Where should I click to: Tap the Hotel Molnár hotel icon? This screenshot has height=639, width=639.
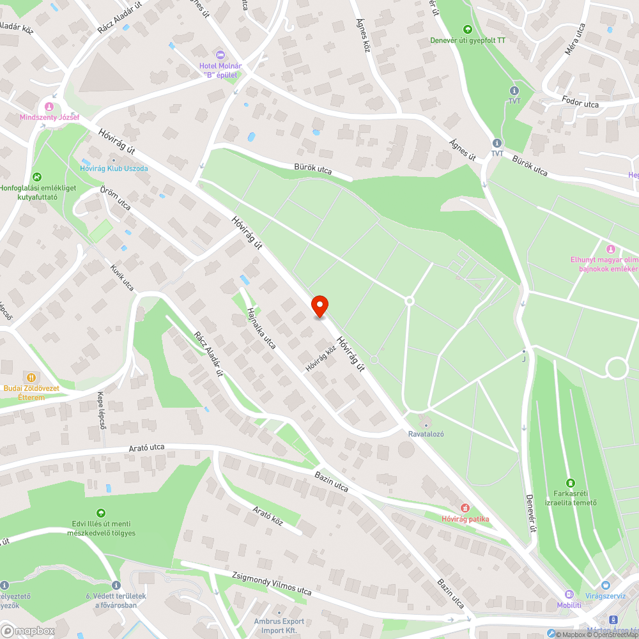tap(220, 56)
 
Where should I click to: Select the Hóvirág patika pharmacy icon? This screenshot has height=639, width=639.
tap(465, 508)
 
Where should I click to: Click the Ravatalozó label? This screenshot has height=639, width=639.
tap(426, 434)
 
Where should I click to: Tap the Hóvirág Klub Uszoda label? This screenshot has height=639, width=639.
tap(114, 169)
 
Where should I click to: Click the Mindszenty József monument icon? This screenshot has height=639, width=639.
tap(49, 106)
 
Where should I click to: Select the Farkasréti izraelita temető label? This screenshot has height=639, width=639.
tap(571, 497)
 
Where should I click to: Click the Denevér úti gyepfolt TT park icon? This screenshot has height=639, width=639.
tap(467, 29)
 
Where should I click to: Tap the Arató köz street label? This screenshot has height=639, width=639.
tap(268, 517)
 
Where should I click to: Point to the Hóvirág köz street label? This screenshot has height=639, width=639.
tap(321, 358)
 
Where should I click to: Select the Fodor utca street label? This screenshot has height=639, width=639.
tap(580, 103)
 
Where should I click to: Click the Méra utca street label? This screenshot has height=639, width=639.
tap(572, 39)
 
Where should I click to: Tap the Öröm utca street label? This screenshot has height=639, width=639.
tap(116, 198)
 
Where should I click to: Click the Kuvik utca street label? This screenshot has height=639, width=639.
tap(121, 277)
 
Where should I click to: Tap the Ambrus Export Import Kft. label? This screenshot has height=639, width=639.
tap(279, 625)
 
